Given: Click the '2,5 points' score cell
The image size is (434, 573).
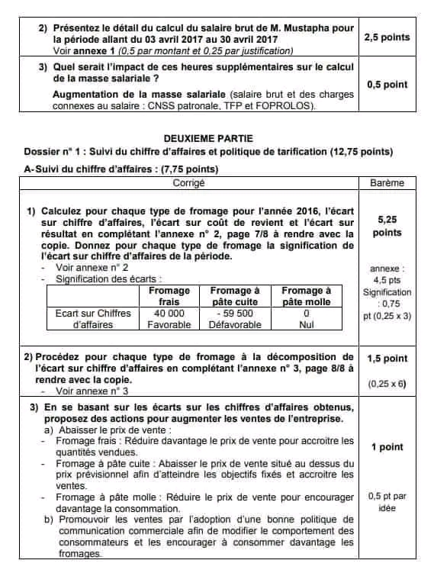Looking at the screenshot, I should pos(387,37).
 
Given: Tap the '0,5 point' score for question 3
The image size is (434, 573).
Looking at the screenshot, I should pos(387,85).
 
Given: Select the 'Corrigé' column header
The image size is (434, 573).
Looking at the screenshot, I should pos(189,183).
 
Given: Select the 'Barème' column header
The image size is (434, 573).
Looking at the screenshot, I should pos(387,183).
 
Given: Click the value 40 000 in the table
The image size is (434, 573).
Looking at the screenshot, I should pos(169,313).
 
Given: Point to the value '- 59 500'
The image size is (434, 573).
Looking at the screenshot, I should pos(234,313).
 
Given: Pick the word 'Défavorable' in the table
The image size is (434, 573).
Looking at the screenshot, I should pos(234,324).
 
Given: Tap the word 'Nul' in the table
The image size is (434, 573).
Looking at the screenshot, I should pos(307,324).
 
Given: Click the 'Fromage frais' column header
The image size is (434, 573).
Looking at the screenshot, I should pos(169,296).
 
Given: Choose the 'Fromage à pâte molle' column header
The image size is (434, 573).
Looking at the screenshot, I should pos(307,296).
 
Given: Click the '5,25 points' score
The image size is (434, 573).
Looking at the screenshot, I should pos(387,226).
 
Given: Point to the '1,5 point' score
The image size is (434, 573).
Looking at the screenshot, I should pos(387,358).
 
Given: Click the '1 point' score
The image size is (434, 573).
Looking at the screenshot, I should pos(387,447).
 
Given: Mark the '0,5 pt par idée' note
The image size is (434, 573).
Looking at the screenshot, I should pos(387,501).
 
